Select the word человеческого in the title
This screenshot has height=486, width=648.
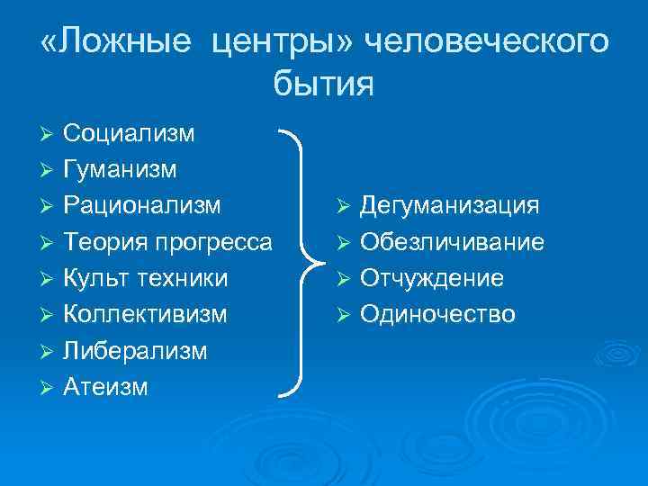484,42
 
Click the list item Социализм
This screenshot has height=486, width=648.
129,134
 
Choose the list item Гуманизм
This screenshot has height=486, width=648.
121,169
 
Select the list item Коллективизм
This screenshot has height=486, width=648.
145,314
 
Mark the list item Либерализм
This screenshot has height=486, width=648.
135,350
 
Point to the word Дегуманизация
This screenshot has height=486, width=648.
450,206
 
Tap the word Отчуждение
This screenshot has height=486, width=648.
432,278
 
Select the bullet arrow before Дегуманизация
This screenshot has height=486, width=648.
344,207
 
